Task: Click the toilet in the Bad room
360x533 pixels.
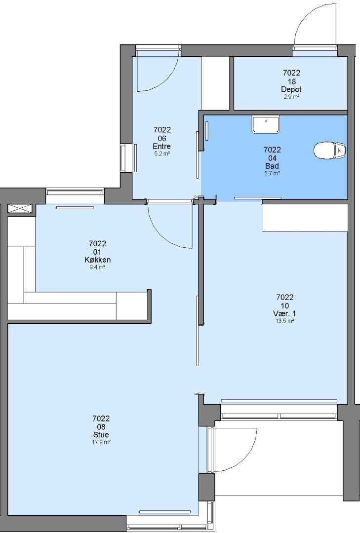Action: tap(329, 150)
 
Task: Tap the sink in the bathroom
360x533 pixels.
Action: tap(265, 124)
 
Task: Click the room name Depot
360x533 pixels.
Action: tap(291, 89)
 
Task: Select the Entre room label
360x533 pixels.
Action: tap(161, 147)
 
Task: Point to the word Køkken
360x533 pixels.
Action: tap(97, 260)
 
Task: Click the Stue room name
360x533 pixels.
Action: tap(101, 435)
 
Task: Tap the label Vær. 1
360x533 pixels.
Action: tap(284, 313)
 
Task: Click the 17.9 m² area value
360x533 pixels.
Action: tap(101, 442)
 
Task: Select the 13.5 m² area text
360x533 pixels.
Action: tap(284, 321)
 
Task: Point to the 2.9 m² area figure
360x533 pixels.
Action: tap(291, 97)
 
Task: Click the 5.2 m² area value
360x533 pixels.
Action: tap(161, 153)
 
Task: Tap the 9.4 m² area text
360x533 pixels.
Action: tap(97, 267)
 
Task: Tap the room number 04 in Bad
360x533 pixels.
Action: tap(272, 158)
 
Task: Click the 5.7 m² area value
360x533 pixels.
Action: tap(272, 173)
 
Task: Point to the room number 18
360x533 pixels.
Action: tap(292, 81)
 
